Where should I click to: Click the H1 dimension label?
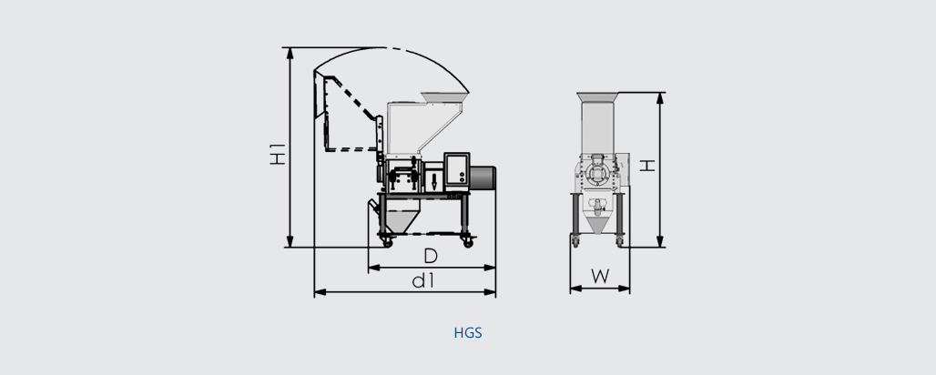(279, 155)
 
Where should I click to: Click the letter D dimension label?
(431, 256)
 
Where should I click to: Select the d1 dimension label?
(422, 280)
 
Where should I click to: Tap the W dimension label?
(599, 276)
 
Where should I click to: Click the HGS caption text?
(468, 333)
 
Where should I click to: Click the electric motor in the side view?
(483, 177)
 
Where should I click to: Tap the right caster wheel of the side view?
(469, 243)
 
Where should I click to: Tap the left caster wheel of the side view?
(387, 242)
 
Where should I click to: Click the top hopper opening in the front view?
(599, 96)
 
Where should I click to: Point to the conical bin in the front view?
(598, 223)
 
